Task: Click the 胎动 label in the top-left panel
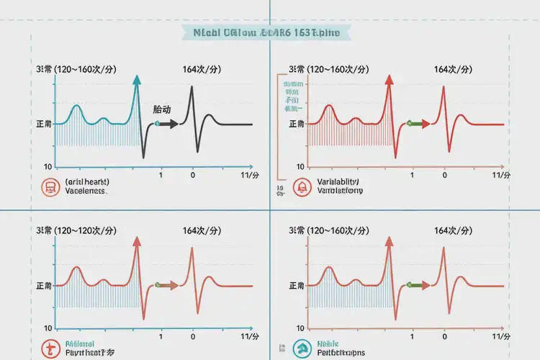click(162, 110)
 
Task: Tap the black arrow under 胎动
click(167, 124)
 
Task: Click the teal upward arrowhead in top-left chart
click(136, 81)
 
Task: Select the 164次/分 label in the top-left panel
click(202, 69)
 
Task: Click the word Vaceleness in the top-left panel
click(86, 192)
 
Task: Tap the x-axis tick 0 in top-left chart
click(192, 175)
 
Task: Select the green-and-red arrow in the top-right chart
click(418, 124)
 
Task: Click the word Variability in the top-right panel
click(338, 182)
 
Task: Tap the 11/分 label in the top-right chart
click(502, 175)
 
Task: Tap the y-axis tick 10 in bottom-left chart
click(48, 328)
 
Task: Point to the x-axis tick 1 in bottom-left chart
click(161, 336)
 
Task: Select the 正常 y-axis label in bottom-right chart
click(295, 286)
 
